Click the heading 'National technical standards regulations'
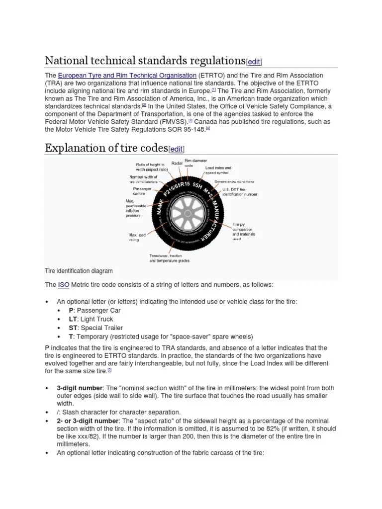click(x=145, y=61)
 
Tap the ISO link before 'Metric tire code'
click(x=64, y=284)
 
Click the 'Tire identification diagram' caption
click(x=79, y=271)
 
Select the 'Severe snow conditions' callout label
click(x=234, y=181)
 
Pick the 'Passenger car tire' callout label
click(x=142, y=191)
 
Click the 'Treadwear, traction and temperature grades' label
click(x=169, y=258)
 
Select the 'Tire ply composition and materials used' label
click(x=243, y=232)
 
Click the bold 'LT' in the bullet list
click(x=74, y=319)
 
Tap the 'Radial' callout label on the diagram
click(x=177, y=163)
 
